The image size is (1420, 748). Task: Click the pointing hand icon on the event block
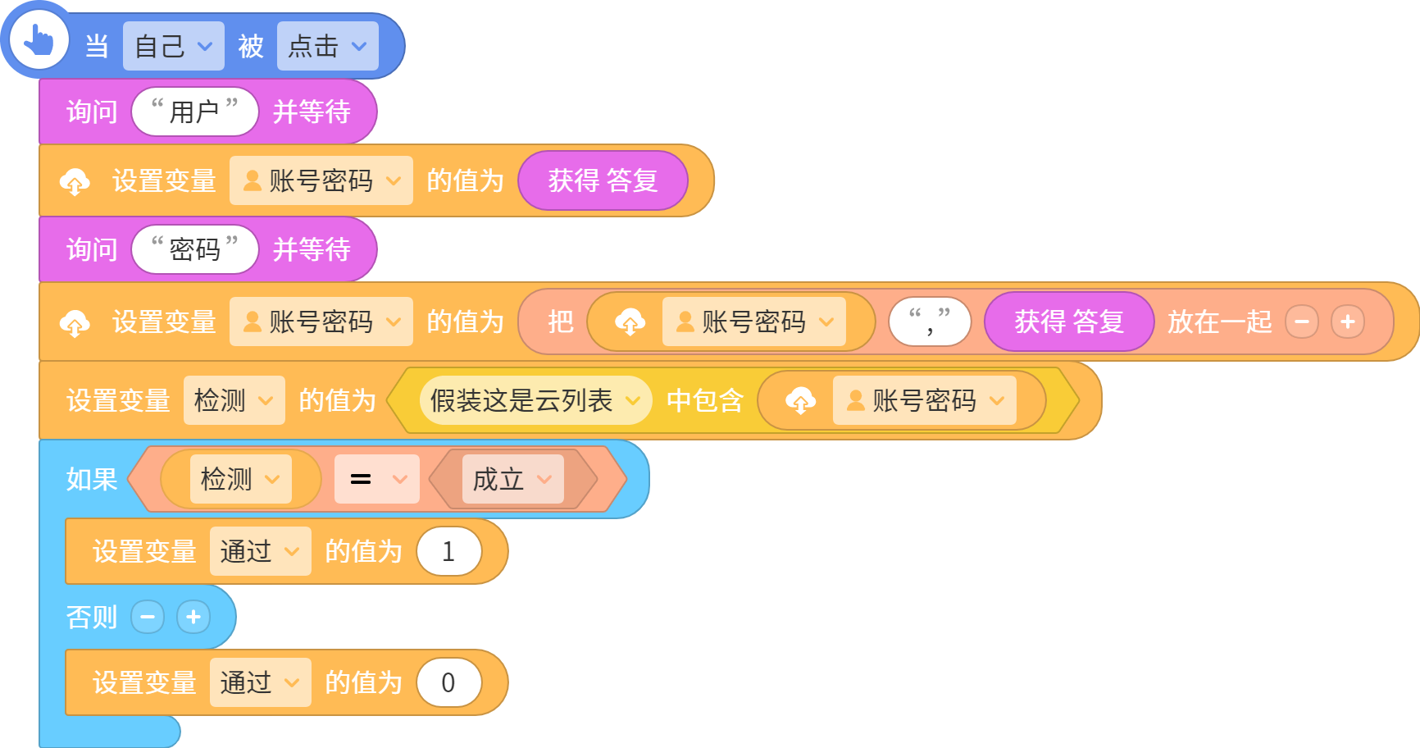[x=39, y=39]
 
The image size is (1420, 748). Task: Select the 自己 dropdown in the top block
[x=173, y=46]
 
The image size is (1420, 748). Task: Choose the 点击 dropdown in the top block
[x=327, y=46]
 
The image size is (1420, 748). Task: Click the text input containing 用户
[x=195, y=112]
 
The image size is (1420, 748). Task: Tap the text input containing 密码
[x=195, y=249]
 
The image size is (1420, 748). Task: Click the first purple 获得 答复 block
[x=603, y=180]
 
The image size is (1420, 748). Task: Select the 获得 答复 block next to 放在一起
[x=1069, y=322]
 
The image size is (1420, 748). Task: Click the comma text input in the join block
[x=930, y=322]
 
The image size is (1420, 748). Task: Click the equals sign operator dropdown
[x=376, y=479]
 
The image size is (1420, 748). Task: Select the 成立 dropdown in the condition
[x=512, y=479]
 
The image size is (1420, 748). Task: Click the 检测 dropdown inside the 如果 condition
[x=240, y=479]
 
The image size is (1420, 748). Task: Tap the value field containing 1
[x=448, y=551]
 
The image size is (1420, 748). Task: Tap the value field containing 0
[x=448, y=682]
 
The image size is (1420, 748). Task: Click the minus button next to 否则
[x=148, y=617]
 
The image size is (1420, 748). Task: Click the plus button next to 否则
[x=193, y=617]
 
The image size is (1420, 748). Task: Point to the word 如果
[x=92, y=479]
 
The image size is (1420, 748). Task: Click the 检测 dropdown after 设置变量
[x=234, y=400]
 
